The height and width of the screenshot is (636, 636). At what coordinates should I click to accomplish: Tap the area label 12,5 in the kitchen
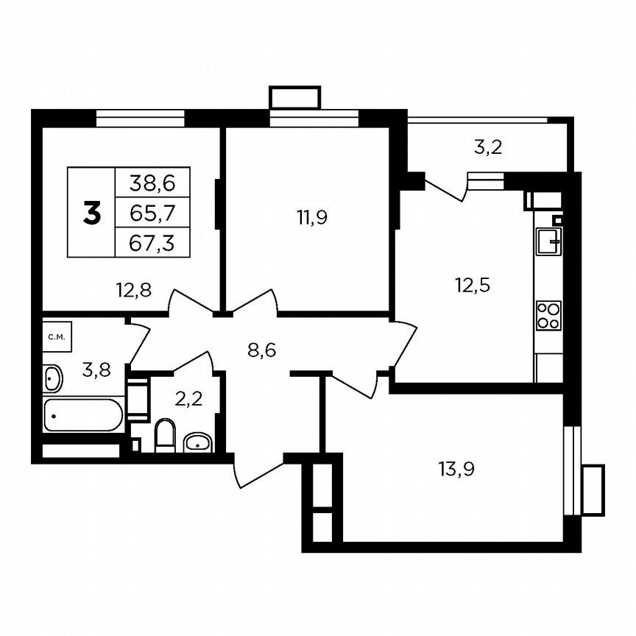(x=471, y=284)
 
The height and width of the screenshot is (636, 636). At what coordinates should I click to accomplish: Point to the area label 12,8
(x=133, y=290)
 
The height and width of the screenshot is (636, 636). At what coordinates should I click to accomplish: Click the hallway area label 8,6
(x=261, y=350)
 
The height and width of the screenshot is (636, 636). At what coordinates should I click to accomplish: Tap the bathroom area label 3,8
(x=96, y=370)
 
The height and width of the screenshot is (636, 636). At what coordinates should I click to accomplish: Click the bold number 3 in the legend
(x=92, y=213)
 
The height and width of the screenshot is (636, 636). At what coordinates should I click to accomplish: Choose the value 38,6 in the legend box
(x=152, y=182)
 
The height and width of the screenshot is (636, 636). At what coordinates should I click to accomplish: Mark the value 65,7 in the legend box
(x=152, y=213)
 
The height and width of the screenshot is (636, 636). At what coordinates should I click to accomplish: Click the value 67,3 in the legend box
(x=152, y=242)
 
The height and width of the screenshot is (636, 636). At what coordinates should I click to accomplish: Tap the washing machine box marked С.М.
(x=56, y=337)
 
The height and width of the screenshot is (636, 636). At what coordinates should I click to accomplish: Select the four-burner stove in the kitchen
(x=548, y=315)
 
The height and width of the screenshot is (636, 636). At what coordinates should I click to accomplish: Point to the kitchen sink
(x=548, y=241)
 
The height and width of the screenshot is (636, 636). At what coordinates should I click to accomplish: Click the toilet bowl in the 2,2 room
(x=165, y=435)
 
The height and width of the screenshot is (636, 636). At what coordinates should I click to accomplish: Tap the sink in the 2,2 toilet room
(x=197, y=442)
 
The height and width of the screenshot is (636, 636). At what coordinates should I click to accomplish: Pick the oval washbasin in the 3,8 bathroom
(x=53, y=378)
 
